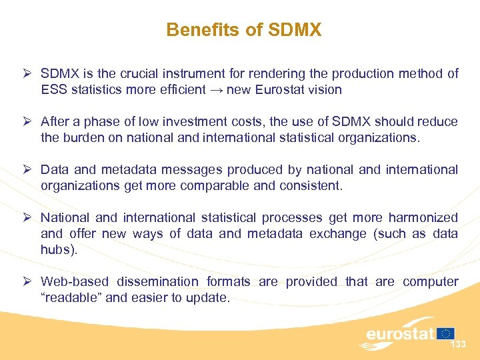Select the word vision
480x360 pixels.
click(x=324, y=90)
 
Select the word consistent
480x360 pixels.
click(x=314, y=186)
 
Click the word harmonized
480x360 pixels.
click(x=424, y=218)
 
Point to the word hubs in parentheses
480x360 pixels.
click(x=55, y=250)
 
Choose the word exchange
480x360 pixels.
click(x=336, y=234)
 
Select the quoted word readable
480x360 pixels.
click(x=72, y=298)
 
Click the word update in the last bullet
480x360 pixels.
click(x=209, y=298)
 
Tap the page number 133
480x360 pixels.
click(x=458, y=345)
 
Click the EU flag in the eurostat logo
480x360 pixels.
click(x=446, y=333)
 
